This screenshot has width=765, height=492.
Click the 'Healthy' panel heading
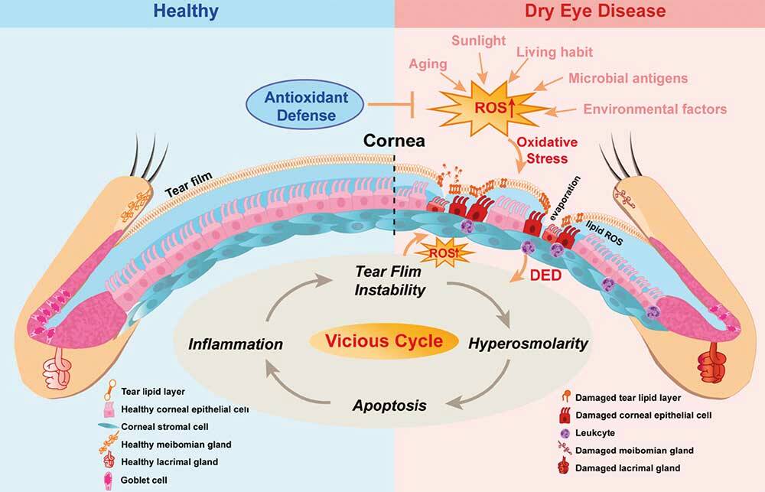[x=185, y=11]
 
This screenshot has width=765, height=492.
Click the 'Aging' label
[x=428, y=64]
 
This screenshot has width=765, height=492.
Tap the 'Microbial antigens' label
[x=628, y=78]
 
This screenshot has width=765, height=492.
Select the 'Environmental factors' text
[x=655, y=109]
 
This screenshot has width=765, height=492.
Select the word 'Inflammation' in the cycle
[x=236, y=344]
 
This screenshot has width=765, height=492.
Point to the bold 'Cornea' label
[x=396, y=142]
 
